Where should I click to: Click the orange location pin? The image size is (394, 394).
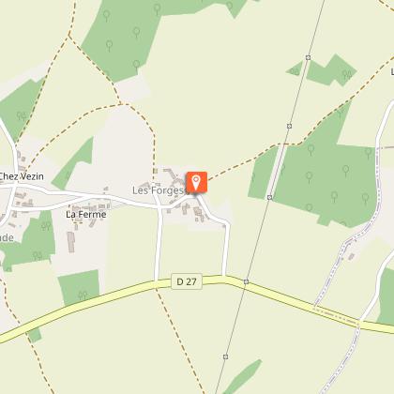pos(197,181)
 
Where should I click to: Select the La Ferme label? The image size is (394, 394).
pos(85,214)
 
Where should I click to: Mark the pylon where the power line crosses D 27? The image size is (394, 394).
pos(246,281)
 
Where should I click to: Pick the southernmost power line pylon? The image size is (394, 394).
pos(226,356)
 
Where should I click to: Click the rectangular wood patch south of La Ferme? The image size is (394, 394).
pos(80,286)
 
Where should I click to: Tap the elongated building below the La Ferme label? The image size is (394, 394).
pos(71,242)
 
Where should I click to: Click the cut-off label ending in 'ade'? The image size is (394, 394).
pos(6,237)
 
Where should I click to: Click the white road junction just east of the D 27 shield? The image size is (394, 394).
pos(225,277)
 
